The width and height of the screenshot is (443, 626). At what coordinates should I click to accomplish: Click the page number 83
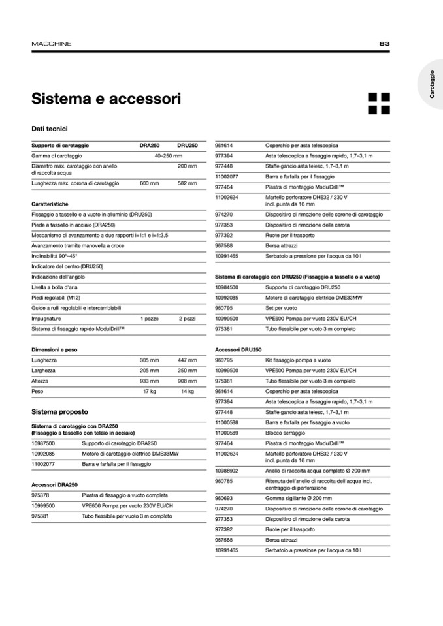coord(384,44)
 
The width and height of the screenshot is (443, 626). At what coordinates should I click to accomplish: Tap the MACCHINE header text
coord(52,44)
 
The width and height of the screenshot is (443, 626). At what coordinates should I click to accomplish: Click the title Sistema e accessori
coord(107,99)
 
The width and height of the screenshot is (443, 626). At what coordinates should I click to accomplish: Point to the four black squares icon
coord(378,103)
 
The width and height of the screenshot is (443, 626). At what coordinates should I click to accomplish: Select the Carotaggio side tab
coord(433,86)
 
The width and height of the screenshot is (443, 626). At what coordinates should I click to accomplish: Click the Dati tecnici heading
coord(50,129)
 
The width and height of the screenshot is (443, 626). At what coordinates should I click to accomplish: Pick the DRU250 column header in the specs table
coord(188,145)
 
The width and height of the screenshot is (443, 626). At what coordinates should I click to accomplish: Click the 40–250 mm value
coord(168,156)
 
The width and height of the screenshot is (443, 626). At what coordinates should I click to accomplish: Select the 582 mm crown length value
coord(187,184)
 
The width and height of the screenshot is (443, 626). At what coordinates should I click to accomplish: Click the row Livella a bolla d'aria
coord(54,287)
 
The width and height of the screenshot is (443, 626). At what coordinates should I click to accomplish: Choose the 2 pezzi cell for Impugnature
coord(187,319)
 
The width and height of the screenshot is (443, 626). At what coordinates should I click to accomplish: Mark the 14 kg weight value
coord(188,391)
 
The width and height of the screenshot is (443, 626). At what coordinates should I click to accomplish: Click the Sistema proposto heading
coord(59,412)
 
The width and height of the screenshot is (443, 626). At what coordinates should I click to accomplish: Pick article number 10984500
coord(227,287)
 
